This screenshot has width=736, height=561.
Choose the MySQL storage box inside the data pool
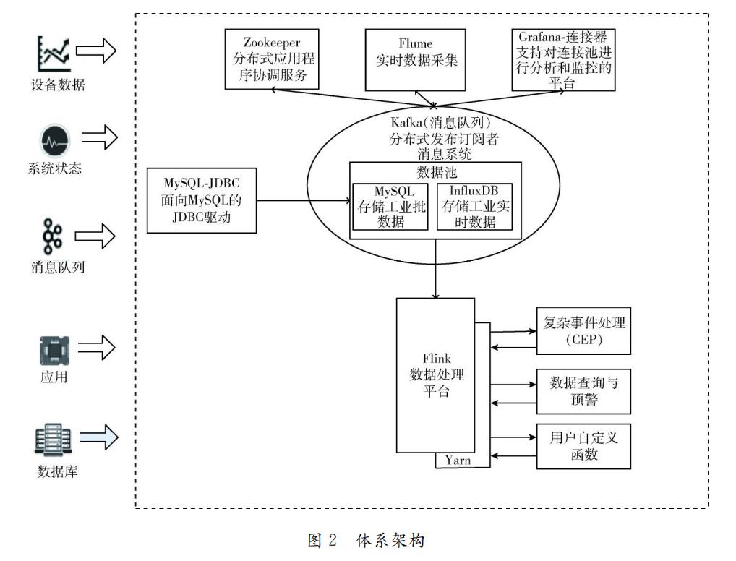tap(391, 206)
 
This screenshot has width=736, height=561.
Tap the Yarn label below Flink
tap(459, 460)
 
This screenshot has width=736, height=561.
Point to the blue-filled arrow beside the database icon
tap(98, 437)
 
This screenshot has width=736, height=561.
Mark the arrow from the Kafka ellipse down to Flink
tap(435, 267)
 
